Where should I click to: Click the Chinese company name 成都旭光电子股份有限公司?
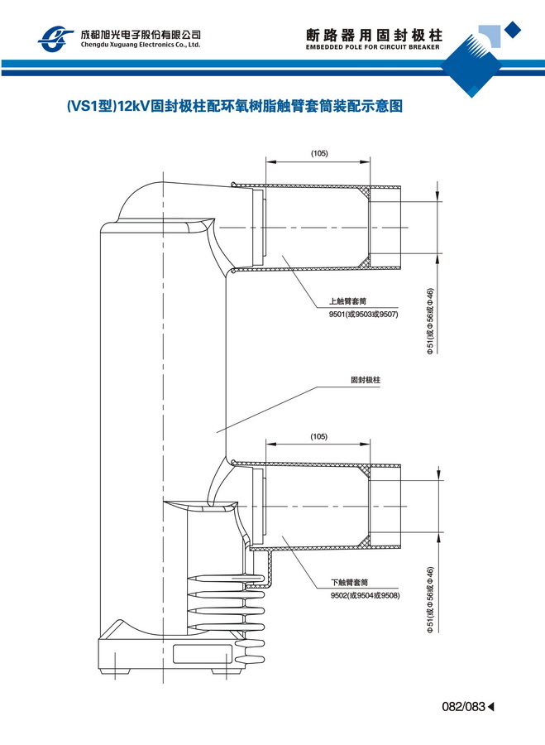point(140,34)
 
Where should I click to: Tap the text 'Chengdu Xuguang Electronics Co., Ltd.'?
point(140,46)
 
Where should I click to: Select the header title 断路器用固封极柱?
point(375,36)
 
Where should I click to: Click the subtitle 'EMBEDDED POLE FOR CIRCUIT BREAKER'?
point(375,49)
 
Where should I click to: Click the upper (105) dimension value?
point(319,154)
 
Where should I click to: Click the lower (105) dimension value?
point(319,436)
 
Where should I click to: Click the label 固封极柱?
point(365,382)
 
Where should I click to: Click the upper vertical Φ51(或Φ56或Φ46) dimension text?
point(430,321)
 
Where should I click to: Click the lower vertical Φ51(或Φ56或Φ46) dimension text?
point(430,600)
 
